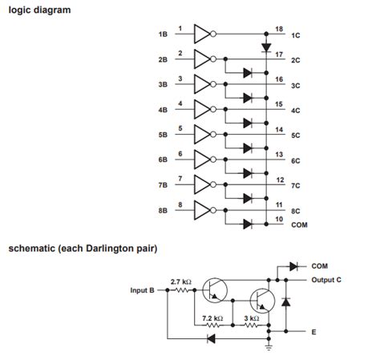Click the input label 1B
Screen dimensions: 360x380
(x=163, y=35)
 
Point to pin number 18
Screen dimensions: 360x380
(x=279, y=30)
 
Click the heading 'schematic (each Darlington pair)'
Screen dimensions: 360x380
(x=83, y=249)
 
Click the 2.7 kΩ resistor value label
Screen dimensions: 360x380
(x=180, y=281)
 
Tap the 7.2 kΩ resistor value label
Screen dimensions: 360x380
(x=212, y=318)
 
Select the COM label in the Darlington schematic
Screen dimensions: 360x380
(x=321, y=265)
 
